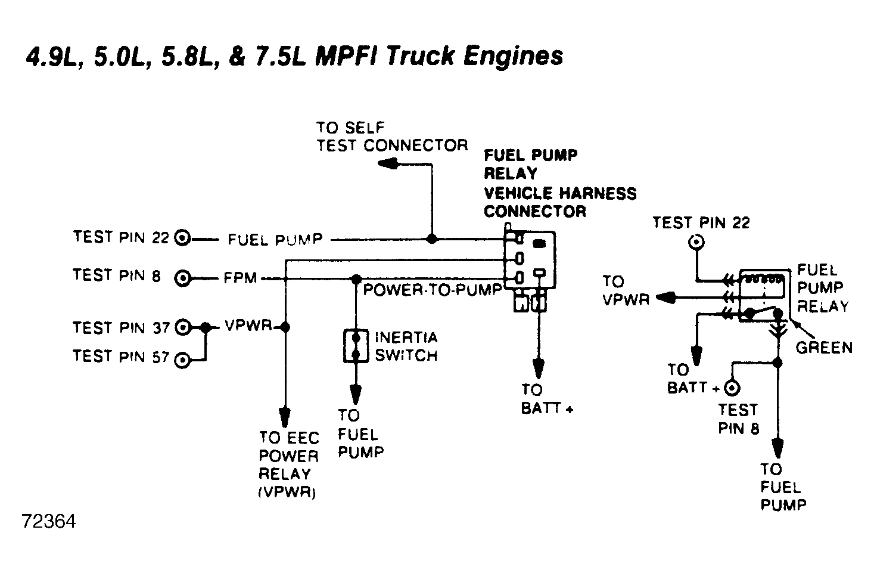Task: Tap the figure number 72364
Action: click(x=49, y=522)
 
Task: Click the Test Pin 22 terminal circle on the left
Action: click(x=182, y=238)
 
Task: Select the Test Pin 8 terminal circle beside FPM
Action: click(x=182, y=278)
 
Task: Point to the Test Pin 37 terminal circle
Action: click(x=182, y=327)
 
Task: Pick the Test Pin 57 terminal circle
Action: click(x=182, y=360)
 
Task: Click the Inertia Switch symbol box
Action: click(x=356, y=346)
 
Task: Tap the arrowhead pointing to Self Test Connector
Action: click(x=388, y=163)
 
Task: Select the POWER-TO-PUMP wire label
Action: click(x=433, y=290)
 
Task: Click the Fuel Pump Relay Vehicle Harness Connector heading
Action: click(x=560, y=183)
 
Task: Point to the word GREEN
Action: click(x=824, y=348)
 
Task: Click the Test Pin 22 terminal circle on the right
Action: click(x=696, y=242)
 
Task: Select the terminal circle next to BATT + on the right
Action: click(x=732, y=388)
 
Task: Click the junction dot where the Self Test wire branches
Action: click(x=432, y=239)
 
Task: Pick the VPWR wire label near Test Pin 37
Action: click(x=248, y=326)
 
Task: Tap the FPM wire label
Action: click(x=240, y=278)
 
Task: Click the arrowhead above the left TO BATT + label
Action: click(x=539, y=368)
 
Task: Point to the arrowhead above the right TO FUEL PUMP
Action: click(x=777, y=448)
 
